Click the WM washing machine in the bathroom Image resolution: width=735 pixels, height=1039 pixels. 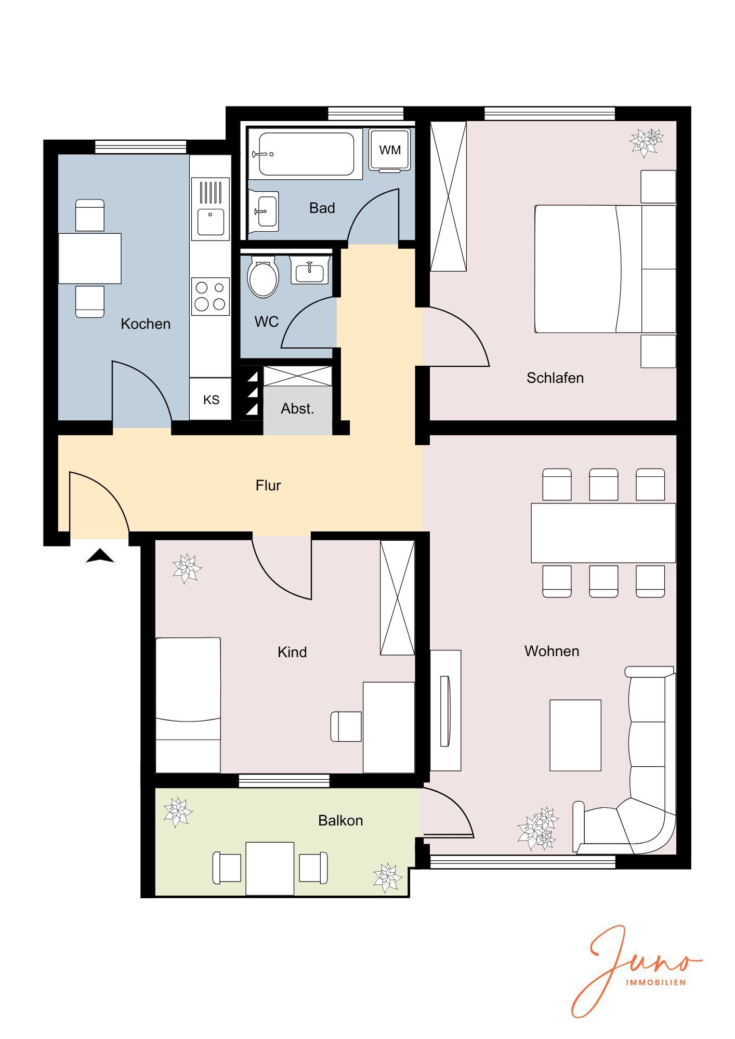pyautogui.click(x=390, y=150)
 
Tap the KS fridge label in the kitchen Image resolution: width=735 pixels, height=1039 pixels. pyautogui.click(x=211, y=399)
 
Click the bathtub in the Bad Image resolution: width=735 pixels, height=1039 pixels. pyautogui.click(x=306, y=154)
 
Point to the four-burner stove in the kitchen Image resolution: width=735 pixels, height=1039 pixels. pyautogui.click(x=211, y=296)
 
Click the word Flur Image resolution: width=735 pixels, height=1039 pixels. pyautogui.click(x=268, y=485)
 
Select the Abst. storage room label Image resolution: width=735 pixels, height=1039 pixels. pyautogui.click(x=297, y=409)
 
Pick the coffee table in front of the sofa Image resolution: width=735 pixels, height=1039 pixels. pyautogui.click(x=575, y=735)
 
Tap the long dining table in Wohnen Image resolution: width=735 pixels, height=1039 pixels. pyautogui.click(x=603, y=532)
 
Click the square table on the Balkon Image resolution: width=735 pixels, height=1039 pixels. pyautogui.click(x=270, y=869)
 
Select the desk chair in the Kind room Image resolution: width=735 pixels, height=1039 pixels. pyautogui.click(x=346, y=726)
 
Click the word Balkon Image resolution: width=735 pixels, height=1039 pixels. pyautogui.click(x=340, y=820)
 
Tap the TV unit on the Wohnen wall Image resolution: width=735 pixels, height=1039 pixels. pyautogui.click(x=445, y=710)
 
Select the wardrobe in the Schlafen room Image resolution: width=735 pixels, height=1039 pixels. pyautogui.click(x=448, y=196)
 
